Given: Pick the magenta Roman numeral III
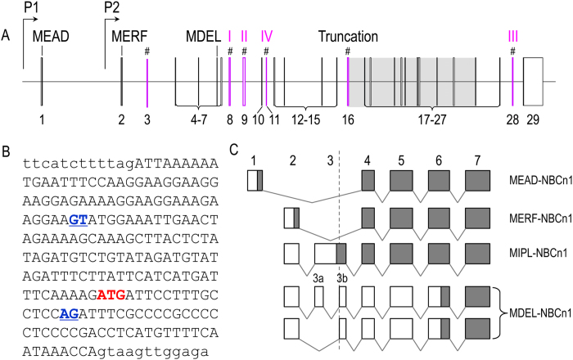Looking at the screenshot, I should (x=512, y=36).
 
